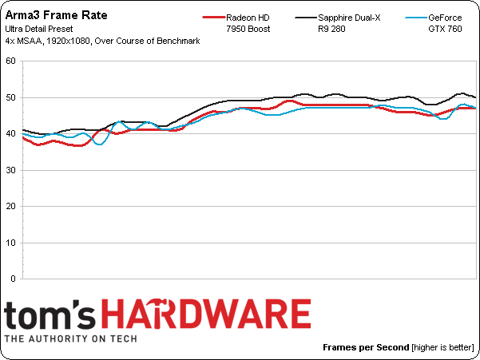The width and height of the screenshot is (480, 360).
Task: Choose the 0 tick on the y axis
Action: [x=11, y=279]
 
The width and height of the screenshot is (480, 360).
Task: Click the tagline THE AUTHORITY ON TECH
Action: [x=70, y=338]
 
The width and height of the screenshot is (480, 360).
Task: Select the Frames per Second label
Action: [x=366, y=348]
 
